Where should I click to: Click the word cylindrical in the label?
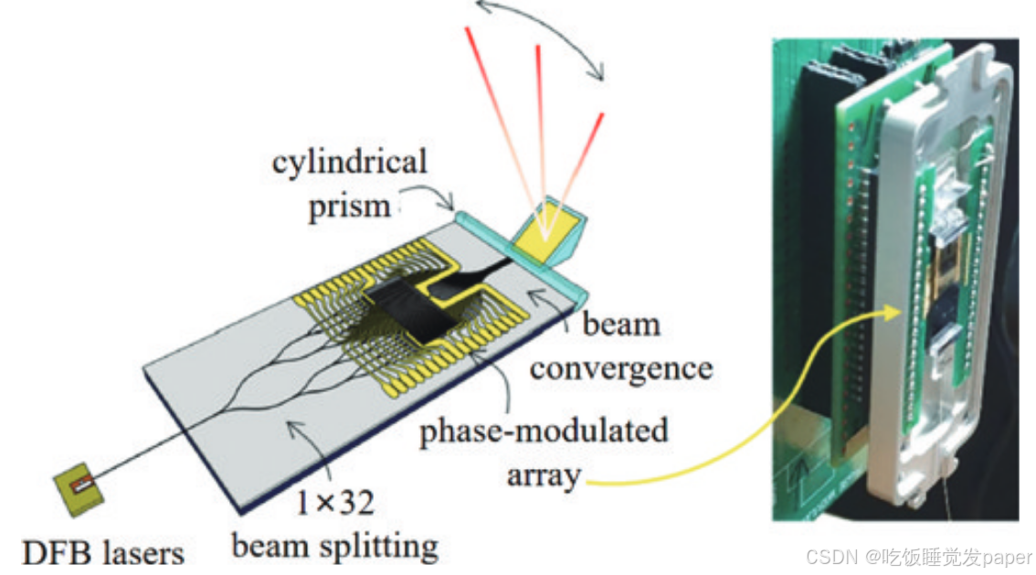(x=349, y=164)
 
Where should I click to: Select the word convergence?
(x=621, y=368)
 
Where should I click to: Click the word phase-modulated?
(x=544, y=431)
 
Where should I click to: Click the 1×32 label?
(x=334, y=503)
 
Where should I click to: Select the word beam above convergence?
(x=621, y=325)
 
